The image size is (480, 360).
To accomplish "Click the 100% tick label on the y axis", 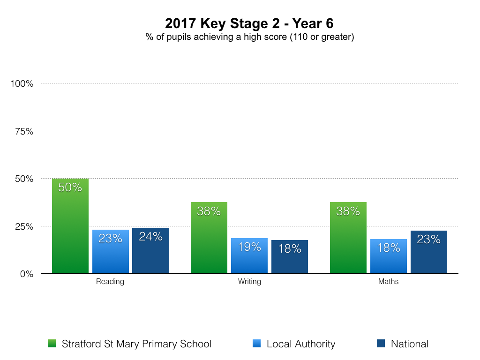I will point(22,84).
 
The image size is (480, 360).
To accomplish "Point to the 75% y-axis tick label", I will point(24,131).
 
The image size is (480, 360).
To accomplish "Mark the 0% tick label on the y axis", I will point(26,274).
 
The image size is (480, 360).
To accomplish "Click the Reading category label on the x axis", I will point(110,282).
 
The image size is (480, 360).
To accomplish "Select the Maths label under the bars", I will point(388,282).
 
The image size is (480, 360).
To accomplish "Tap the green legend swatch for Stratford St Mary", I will point(52,344).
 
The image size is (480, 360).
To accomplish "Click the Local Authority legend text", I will point(301,344).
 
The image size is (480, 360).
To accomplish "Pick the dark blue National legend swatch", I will point(381,344).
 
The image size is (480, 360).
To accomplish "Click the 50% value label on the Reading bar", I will point(70,187).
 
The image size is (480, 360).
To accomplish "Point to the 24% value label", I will point(150,237).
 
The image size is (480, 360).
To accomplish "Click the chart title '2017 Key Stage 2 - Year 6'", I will point(249,23).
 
